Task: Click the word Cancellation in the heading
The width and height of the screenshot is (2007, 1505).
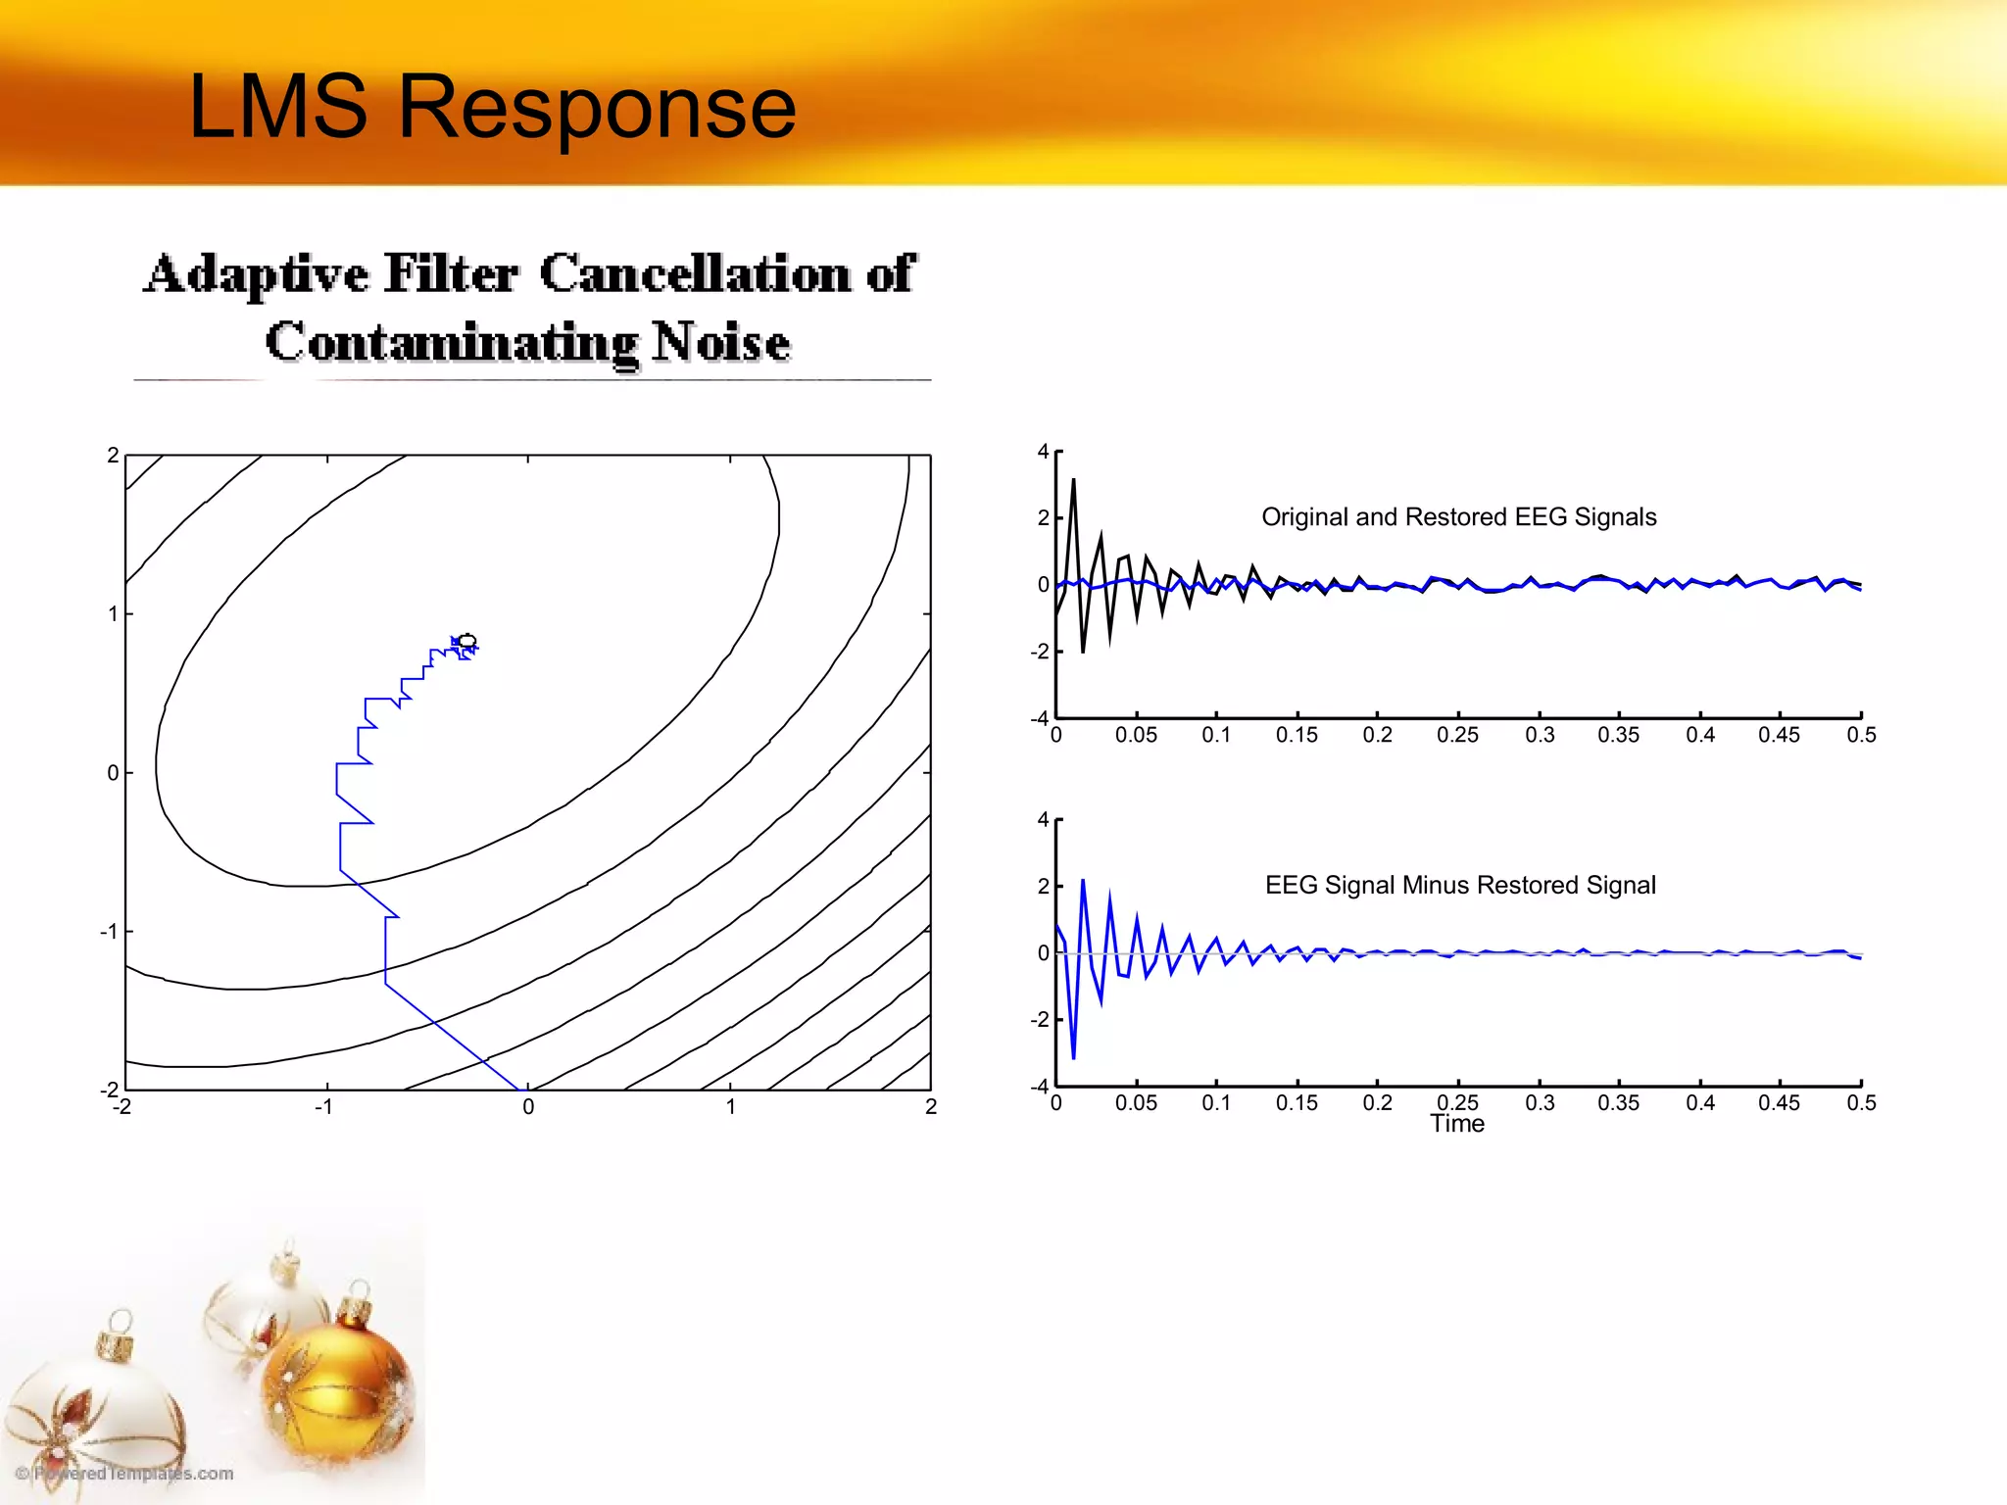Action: tap(695, 273)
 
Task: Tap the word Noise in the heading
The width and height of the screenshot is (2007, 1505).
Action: tap(721, 343)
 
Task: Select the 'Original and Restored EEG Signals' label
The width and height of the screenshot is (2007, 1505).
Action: tap(1458, 517)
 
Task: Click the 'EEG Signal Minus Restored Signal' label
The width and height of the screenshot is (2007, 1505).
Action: tap(1460, 886)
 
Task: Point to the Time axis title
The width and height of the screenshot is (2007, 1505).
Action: tap(1456, 1125)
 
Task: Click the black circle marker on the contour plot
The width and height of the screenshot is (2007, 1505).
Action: tap(467, 641)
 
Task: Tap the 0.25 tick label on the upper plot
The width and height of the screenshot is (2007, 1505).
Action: tap(1456, 736)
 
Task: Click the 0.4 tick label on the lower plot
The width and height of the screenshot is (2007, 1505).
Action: tap(1699, 1103)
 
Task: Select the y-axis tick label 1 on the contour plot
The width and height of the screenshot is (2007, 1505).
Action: tap(113, 614)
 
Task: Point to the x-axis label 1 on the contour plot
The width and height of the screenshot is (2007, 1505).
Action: tap(730, 1107)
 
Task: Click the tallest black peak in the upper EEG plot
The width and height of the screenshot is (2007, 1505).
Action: tap(1073, 481)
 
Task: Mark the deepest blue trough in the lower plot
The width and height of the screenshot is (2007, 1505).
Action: tap(1073, 1057)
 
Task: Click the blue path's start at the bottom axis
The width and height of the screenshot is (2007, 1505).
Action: tap(518, 1089)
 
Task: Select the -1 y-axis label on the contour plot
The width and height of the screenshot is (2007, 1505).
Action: tap(108, 932)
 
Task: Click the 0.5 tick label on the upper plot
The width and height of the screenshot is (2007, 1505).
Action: tap(1860, 736)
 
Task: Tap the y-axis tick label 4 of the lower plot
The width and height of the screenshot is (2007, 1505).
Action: tap(1043, 820)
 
